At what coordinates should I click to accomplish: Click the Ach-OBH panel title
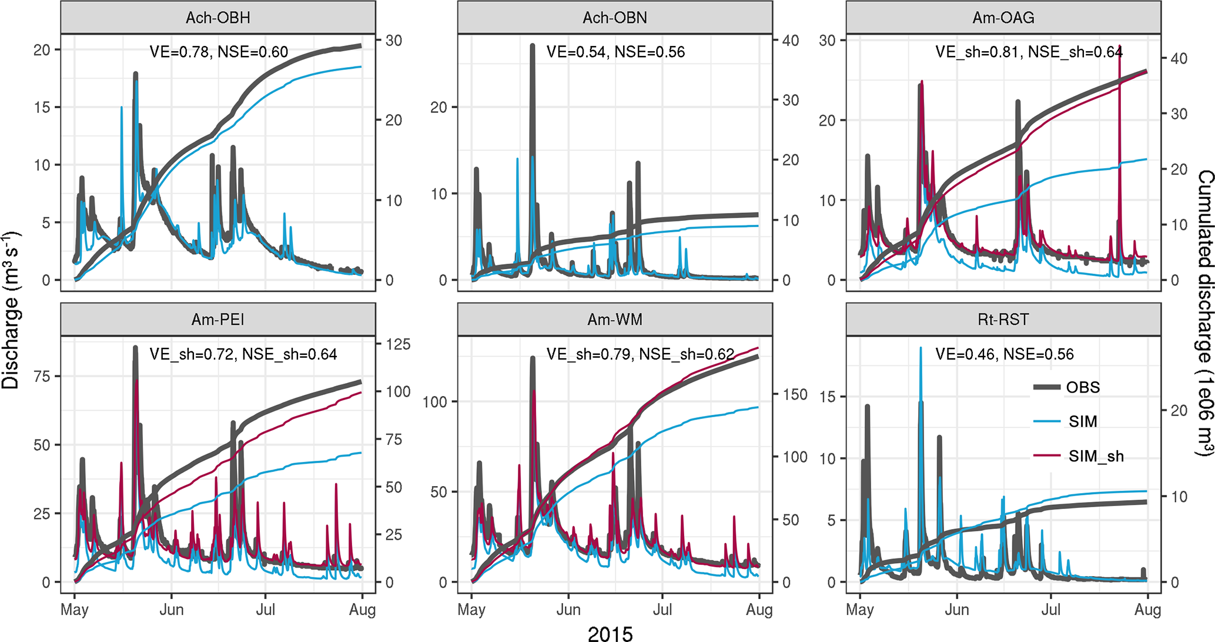(x=218, y=18)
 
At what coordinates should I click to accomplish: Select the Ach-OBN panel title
(x=615, y=18)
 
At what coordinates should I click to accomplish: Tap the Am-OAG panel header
(x=1003, y=18)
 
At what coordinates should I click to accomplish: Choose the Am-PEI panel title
(x=218, y=320)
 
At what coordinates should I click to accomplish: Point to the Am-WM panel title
(x=615, y=320)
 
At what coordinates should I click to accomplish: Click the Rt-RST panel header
(x=1003, y=320)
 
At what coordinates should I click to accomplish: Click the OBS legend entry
(x=1083, y=387)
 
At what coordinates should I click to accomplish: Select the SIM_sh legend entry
(x=1096, y=456)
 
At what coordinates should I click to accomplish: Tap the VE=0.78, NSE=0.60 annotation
(x=219, y=52)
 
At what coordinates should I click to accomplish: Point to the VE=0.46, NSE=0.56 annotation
(x=1005, y=354)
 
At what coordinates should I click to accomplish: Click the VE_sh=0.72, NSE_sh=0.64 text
(x=243, y=354)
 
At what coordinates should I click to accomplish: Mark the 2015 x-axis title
(x=610, y=633)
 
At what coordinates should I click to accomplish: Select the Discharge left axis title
(x=11, y=311)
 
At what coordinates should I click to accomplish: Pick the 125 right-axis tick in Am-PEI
(x=398, y=344)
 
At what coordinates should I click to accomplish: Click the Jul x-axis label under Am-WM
(x=662, y=610)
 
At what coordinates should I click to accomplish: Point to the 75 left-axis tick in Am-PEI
(x=42, y=377)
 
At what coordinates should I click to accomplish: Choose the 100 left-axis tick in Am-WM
(x=435, y=402)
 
